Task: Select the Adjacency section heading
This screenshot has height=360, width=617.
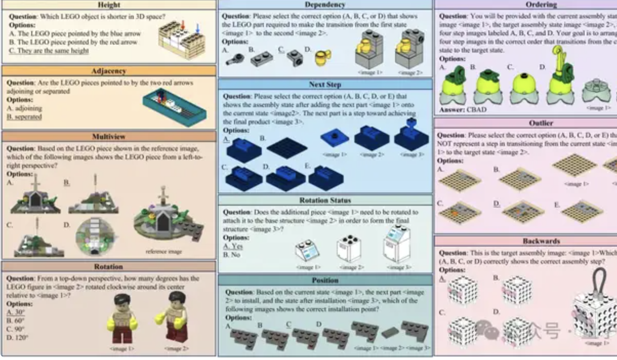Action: [x=108, y=71]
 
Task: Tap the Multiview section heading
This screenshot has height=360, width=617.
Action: [x=109, y=137]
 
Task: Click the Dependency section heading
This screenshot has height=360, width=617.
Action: [x=325, y=5]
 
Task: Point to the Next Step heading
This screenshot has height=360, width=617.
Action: [x=325, y=85]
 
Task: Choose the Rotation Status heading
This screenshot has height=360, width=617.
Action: [x=325, y=201]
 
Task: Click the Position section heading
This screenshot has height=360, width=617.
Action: [x=325, y=281]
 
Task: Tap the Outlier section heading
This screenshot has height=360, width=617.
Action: [x=541, y=123]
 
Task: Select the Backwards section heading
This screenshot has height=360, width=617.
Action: [x=541, y=241]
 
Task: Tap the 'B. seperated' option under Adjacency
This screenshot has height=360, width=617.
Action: [x=24, y=117]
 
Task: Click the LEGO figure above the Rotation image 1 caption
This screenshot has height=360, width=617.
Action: [x=121, y=321]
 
